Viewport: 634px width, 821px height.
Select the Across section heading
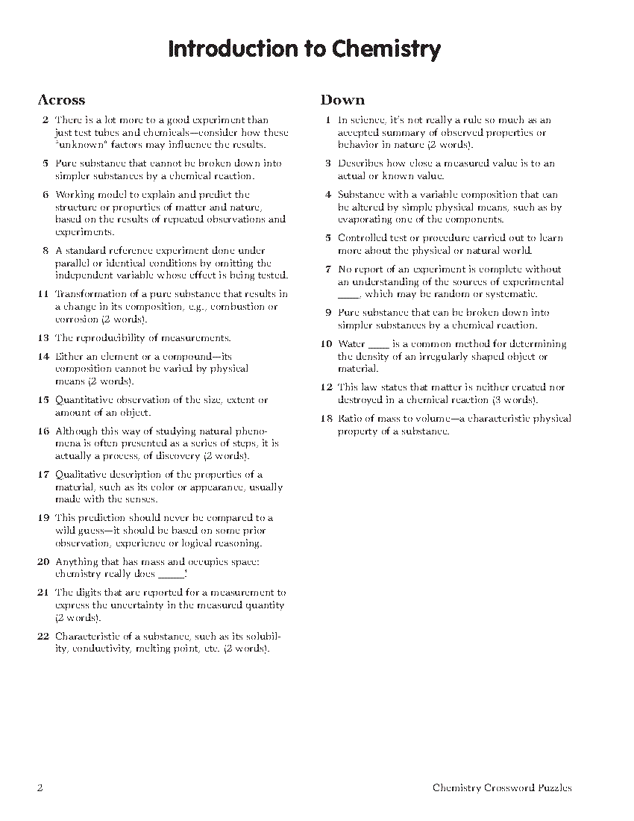tap(61, 100)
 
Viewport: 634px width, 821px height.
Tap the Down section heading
tap(342, 100)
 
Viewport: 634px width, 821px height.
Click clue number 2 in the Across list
tap(45, 120)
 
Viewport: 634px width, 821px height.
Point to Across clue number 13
tap(43, 338)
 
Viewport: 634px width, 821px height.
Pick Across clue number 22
tap(43, 637)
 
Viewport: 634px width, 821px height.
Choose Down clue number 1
tap(327, 120)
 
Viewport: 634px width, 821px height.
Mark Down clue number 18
tap(326, 419)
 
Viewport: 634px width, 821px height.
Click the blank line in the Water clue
tap(379, 345)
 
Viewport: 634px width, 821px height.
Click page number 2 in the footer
tap(40, 787)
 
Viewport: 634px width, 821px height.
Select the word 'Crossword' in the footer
tap(511, 787)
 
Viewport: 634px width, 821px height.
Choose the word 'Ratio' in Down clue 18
tap(351, 419)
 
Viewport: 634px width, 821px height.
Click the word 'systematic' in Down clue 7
tap(512, 294)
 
